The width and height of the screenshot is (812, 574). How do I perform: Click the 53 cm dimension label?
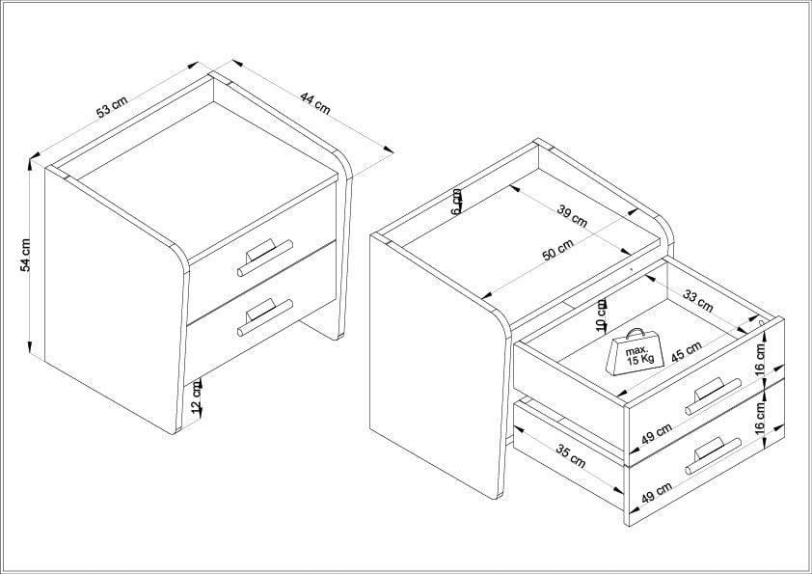point(111,107)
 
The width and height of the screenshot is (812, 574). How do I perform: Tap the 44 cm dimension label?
point(314,102)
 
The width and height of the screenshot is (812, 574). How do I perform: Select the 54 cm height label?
point(25,255)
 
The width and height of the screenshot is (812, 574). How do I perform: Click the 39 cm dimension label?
point(572,216)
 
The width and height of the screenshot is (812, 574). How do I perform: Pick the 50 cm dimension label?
point(557,250)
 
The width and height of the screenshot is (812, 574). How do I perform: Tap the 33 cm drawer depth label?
point(698,301)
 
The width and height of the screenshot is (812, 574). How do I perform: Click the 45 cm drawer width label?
point(687,352)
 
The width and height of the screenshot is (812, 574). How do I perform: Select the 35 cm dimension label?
point(571,456)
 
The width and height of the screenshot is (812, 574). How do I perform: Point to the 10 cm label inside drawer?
point(601,314)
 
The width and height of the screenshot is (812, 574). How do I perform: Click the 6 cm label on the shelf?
point(456,201)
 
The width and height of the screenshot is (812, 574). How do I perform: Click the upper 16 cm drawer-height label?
point(759,359)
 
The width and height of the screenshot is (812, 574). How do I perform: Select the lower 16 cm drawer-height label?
point(759,417)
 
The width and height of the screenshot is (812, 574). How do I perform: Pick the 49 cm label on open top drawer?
point(656,433)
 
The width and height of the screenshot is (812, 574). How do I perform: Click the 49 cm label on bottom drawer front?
point(656,492)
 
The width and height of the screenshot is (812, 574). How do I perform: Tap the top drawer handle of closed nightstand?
point(265,257)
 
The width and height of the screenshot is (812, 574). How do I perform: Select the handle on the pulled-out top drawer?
point(713,396)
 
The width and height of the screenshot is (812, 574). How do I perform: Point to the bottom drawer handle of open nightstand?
point(713,455)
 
